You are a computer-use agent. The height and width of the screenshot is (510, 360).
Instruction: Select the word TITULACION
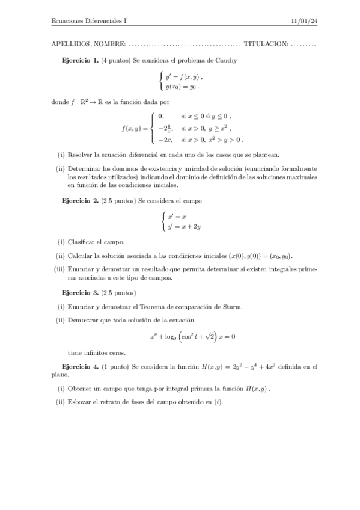[266, 44]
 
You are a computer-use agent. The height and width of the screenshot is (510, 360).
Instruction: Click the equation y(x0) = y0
[182, 86]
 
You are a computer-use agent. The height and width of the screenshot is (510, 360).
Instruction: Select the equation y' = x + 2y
[184, 227]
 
